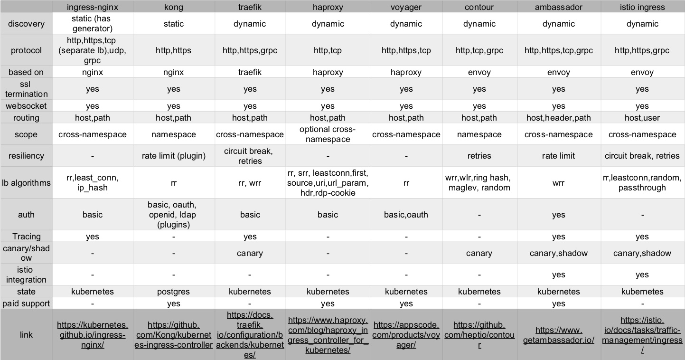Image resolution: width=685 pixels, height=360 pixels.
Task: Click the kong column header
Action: click(x=174, y=7)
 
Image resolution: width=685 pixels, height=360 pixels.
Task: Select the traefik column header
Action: click(x=250, y=7)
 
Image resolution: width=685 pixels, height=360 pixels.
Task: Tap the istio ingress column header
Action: click(x=642, y=7)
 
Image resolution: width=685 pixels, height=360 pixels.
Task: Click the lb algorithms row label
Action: click(x=26, y=182)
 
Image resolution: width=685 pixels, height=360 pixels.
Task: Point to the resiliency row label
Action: click(x=26, y=156)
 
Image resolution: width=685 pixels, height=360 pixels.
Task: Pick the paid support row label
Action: click(x=26, y=303)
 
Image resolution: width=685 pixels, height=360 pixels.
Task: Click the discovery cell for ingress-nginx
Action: click(x=92, y=24)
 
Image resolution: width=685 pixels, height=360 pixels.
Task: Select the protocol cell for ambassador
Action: click(x=558, y=50)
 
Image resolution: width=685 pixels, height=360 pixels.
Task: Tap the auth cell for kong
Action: click(x=174, y=215)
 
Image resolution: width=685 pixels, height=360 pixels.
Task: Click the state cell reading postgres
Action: click(x=174, y=292)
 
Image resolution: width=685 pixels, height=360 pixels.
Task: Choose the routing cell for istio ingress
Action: click(x=642, y=118)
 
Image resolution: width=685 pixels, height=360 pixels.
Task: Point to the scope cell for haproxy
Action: click(x=328, y=134)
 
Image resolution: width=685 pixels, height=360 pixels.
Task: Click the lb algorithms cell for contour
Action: click(x=479, y=182)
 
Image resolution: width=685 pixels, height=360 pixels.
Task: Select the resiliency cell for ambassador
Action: click(x=558, y=156)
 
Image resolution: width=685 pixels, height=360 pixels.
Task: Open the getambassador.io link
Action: click(x=558, y=335)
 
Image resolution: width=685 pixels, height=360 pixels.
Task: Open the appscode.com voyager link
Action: click(x=406, y=335)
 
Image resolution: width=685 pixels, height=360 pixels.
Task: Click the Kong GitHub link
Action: click(x=174, y=335)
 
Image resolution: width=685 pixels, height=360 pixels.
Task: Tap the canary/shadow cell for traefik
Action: click(x=250, y=253)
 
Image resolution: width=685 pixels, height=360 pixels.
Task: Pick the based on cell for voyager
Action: click(x=406, y=73)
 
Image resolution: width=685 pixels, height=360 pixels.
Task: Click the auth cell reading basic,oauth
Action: click(x=406, y=215)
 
